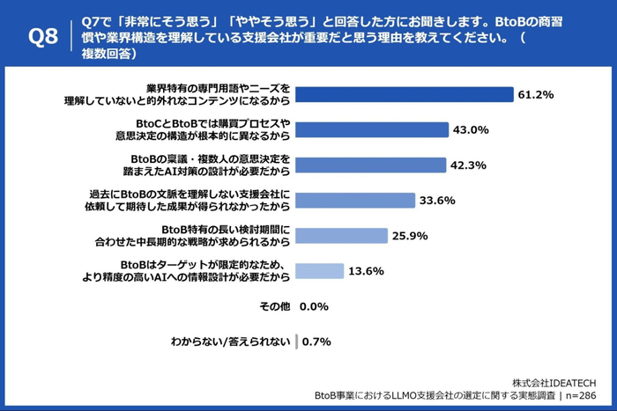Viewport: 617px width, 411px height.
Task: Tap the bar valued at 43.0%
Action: point(371,129)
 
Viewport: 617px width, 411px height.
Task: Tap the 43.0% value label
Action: point(471,129)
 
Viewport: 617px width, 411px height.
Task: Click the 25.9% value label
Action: point(410,236)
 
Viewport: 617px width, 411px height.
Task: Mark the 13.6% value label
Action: point(366,271)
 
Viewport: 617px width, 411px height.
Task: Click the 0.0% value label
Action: point(314,306)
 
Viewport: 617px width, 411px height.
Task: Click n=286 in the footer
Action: point(588,396)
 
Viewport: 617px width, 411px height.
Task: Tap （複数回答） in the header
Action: point(118,54)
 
